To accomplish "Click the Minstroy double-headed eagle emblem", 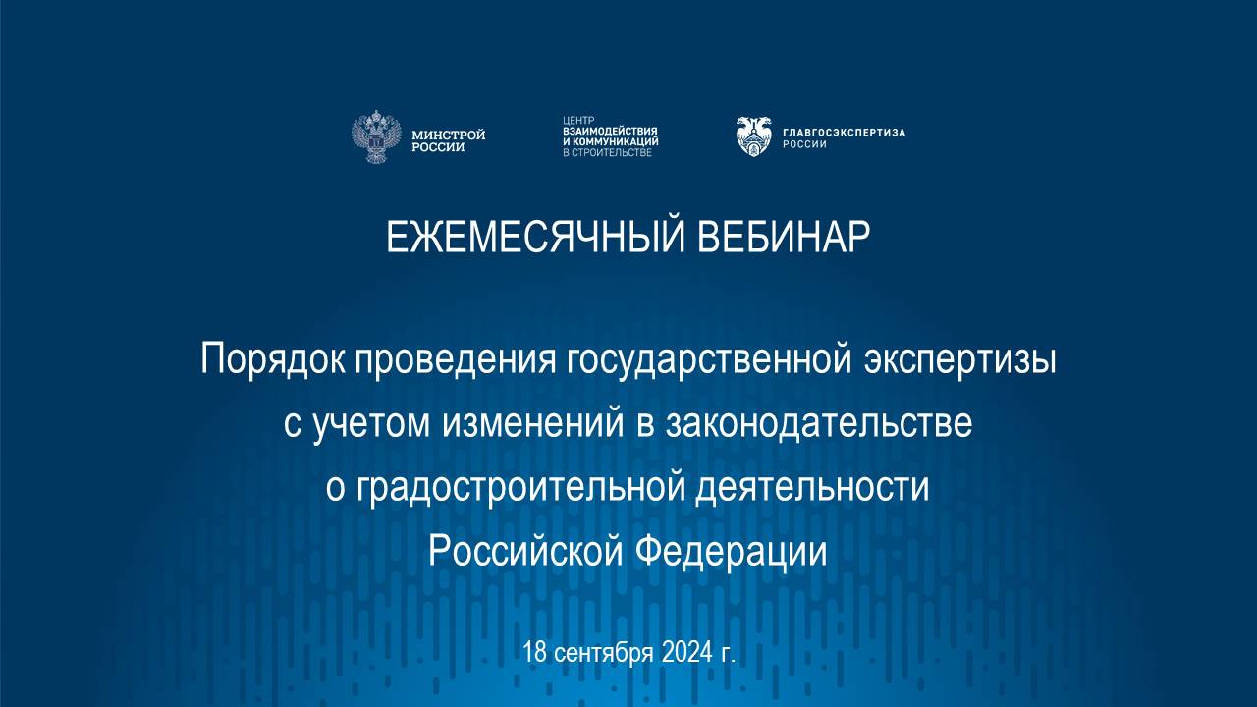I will pyautogui.click(x=376, y=137).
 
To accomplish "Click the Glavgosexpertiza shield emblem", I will pyautogui.click(x=754, y=136).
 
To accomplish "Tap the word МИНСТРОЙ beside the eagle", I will pyautogui.click(x=449, y=134).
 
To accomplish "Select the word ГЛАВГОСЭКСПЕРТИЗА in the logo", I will pyautogui.click(x=844, y=132).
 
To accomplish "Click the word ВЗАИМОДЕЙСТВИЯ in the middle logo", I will pyautogui.click(x=610, y=131).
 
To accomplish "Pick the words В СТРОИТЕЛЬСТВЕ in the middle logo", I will pyautogui.click(x=607, y=153).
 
